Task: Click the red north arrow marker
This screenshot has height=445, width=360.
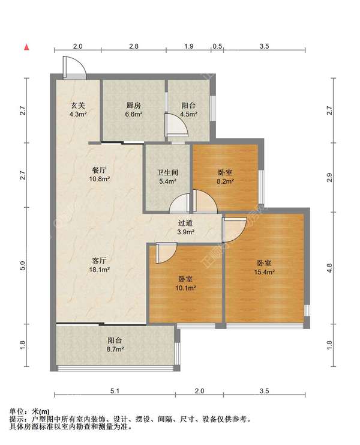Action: coord(26,47)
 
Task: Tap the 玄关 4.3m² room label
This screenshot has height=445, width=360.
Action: coord(78,110)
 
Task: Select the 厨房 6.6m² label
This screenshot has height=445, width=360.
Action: coord(134,110)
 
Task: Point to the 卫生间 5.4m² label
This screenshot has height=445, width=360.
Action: coord(167,177)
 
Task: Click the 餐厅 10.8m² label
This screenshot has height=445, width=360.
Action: coord(99,175)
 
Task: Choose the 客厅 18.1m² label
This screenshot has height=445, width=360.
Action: coord(99,265)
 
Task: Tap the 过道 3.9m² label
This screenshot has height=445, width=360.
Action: coord(185,228)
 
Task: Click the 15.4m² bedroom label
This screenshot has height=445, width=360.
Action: coord(264,268)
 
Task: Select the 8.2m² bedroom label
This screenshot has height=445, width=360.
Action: coord(225,177)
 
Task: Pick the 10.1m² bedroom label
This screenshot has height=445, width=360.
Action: coord(185,283)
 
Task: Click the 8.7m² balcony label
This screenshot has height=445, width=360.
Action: coord(115,344)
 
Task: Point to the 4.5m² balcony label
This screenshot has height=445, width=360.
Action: coord(188,110)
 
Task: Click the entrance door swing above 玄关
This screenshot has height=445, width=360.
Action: coord(75,67)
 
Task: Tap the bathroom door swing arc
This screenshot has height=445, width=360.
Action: coord(179,203)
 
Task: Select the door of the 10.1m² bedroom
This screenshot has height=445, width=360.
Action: coord(166,253)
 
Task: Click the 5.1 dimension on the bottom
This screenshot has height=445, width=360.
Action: coord(115,391)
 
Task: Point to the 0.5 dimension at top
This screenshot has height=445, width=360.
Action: coord(217,46)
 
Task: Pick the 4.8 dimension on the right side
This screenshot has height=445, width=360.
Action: coord(329,268)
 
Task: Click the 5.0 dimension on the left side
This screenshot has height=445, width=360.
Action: coord(23,265)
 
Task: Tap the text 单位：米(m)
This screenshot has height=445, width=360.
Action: coord(29,411)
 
